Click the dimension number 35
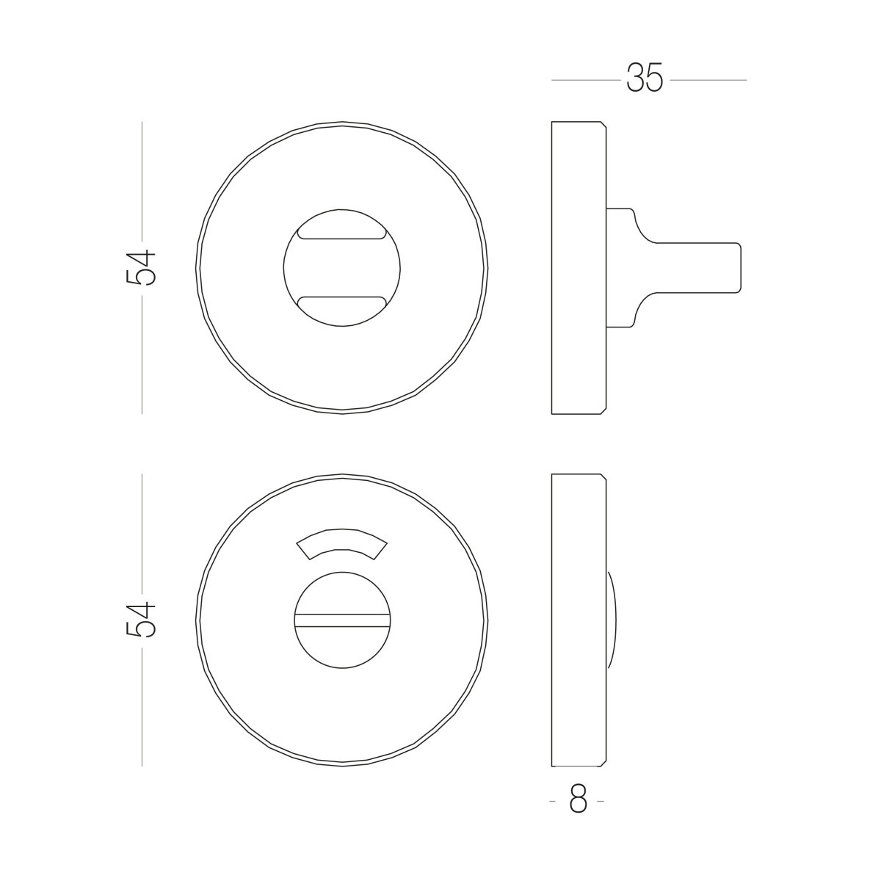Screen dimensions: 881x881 tap(645, 78)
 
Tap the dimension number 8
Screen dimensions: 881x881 tap(578, 798)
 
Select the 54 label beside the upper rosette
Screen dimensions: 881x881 tap(141, 268)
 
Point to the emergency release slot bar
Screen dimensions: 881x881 tap(342, 620)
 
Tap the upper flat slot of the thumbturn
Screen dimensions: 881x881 tap(341, 233)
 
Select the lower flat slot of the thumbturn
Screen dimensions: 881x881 tap(341, 302)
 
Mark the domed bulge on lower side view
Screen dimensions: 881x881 tap(612, 620)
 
